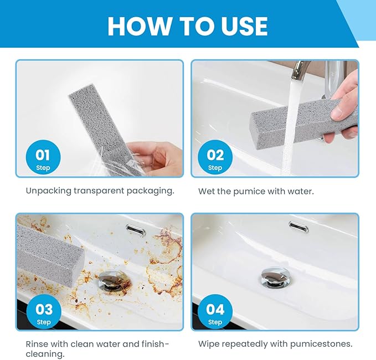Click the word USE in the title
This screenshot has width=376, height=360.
tap(241, 26)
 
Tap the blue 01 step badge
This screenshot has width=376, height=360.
tap(43, 158)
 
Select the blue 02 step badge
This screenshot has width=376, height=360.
tap(215, 158)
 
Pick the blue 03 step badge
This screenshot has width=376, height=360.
tap(43, 312)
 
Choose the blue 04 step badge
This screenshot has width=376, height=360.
tap(215, 312)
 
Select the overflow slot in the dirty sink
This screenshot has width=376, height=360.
tap(136, 227)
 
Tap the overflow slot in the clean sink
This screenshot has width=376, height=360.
tap(299, 225)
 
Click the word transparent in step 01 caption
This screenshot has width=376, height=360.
tap(104, 191)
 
